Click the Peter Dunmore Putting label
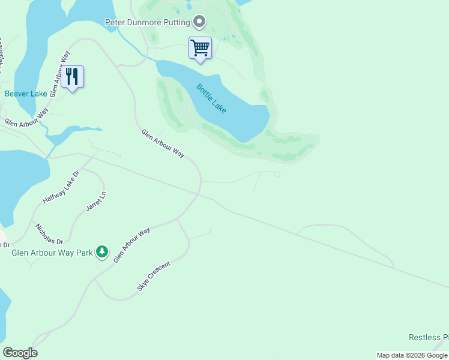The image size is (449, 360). click(x=148, y=23)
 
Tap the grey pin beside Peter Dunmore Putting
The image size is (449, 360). click(x=199, y=23)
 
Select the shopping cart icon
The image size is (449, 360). click(x=200, y=47)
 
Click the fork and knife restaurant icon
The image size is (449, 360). click(x=73, y=76)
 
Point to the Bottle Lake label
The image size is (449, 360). click(x=212, y=98)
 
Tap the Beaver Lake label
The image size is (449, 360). click(x=26, y=94)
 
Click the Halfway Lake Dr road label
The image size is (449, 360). click(x=61, y=187)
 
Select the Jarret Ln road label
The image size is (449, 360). click(x=96, y=200)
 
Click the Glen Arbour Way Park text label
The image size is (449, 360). click(x=52, y=253)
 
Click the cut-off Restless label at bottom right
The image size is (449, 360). click(x=429, y=338)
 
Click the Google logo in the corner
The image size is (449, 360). click(x=20, y=353)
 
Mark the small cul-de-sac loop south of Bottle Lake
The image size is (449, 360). click(x=276, y=173)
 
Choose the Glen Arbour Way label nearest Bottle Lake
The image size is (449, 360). click(x=163, y=143)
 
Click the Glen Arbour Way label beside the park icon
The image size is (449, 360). click(x=131, y=245)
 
